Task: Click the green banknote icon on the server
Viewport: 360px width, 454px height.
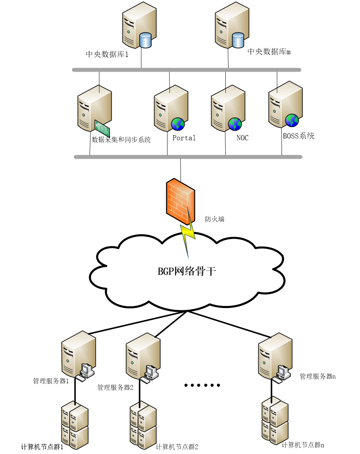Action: coord(102,128)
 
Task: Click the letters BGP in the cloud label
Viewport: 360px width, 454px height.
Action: coord(166,271)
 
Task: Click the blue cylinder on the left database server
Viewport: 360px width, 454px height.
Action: coord(146,40)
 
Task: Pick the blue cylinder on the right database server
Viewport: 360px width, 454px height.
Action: coord(238,40)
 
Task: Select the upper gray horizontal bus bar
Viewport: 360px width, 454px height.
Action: coord(186,70)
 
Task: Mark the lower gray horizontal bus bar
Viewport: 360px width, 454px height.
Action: coord(188,157)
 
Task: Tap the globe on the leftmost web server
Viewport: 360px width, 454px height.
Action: coord(178,124)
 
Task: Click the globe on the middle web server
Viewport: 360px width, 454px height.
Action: coord(235,124)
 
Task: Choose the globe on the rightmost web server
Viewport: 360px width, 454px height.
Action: coord(292,120)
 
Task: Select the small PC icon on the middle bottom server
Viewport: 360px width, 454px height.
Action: coord(150,372)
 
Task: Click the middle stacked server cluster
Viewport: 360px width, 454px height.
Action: coord(143,425)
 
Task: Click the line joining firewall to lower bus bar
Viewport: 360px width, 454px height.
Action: coord(181,169)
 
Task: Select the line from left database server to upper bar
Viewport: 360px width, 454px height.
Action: coord(141,59)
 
